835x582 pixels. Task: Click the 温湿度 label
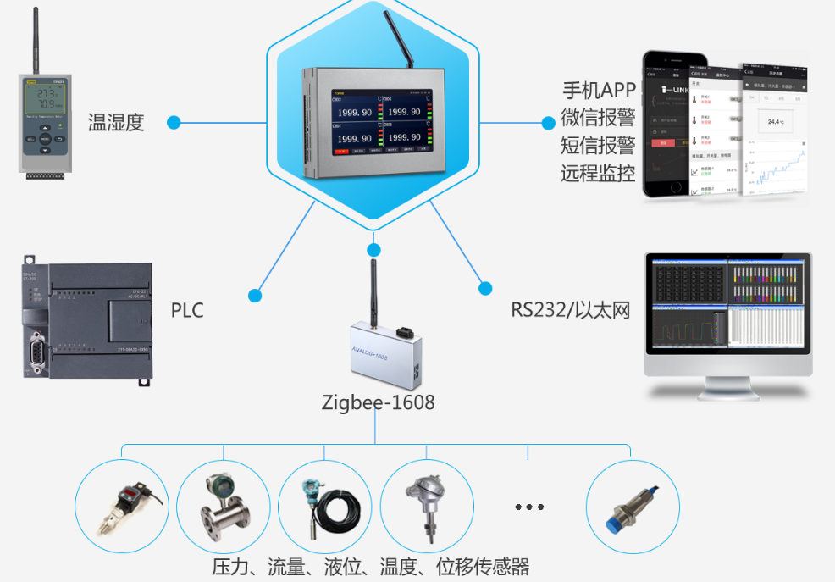[x=116, y=123]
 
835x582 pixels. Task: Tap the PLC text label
[x=187, y=310]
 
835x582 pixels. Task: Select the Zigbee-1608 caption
[x=379, y=402]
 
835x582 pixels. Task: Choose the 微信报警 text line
[x=599, y=118]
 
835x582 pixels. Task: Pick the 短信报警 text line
[x=599, y=146]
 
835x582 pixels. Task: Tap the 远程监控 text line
[x=599, y=174]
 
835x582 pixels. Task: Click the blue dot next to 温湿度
[x=174, y=123]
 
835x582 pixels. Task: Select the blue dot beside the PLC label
[x=255, y=296]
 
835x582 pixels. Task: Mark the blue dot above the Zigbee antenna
[x=373, y=250]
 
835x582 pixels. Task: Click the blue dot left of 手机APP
[x=548, y=123]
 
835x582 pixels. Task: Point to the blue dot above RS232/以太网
[x=485, y=288]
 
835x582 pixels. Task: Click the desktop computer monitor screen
[x=727, y=307]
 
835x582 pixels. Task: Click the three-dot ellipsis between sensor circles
[x=529, y=507]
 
